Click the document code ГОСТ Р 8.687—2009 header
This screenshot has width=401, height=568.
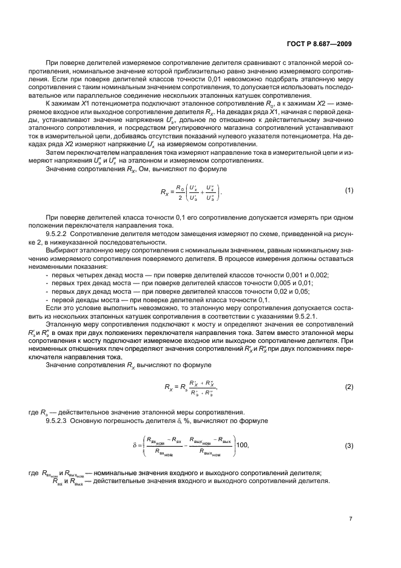pyautogui.click(x=319, y=42)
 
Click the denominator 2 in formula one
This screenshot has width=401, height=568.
pyautogui.click(x=178, y=197)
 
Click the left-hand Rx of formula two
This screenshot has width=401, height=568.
pyautogui.click(x=170, y=387)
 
